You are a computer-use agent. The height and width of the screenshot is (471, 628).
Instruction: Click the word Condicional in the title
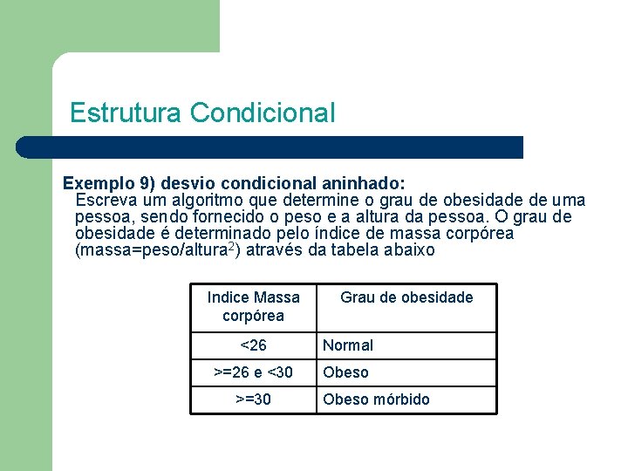pos(262,113)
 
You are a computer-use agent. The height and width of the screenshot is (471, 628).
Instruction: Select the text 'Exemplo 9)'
pos(99,184)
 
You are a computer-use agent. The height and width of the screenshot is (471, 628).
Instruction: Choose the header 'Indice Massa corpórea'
pos(253,306)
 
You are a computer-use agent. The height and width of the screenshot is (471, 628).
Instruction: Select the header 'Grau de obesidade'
pos(406,297)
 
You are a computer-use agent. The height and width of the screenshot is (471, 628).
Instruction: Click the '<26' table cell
pos(253,345)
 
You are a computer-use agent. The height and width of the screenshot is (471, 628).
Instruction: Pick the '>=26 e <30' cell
pos(253,372)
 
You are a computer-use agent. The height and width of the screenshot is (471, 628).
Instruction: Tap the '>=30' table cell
pos(253,399)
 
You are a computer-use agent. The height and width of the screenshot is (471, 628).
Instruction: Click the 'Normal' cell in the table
pos(348,345)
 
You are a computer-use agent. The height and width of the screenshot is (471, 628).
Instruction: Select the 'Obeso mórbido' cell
pos(376,399)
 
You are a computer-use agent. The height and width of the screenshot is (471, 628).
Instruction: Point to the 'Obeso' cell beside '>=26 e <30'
pos(345,372)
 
